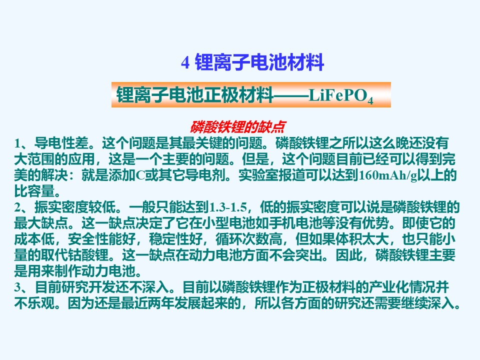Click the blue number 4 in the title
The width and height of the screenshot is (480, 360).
point(185,63)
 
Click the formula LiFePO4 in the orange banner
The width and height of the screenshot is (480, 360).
point(341,96)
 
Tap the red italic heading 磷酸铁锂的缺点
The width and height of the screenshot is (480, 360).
point(238,126)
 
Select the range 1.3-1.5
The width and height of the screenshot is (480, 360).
point(228,207)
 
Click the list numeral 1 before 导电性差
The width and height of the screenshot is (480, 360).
point(17,143)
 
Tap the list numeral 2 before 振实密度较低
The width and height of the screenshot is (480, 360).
point(17,207)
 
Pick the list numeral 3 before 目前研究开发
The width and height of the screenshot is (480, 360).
point(17,287)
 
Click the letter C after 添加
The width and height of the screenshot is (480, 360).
point(140,175)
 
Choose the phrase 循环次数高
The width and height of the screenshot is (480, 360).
point(249,239)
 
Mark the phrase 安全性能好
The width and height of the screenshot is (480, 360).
point(101,239)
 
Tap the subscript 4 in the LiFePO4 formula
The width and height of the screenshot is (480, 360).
point(370,100)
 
